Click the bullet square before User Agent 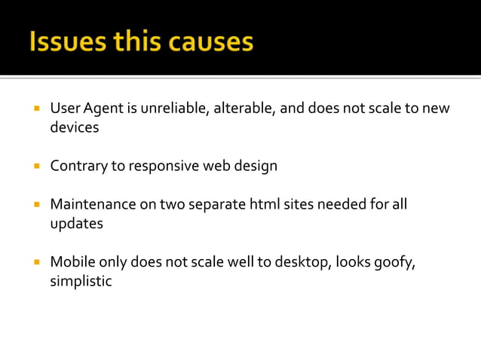point(35,108)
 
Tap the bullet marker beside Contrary point(35,166)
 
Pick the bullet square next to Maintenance point(35,204)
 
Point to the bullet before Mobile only point(35,262)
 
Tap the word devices point(75,128)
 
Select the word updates point(76,224)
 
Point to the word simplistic point(81,282)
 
